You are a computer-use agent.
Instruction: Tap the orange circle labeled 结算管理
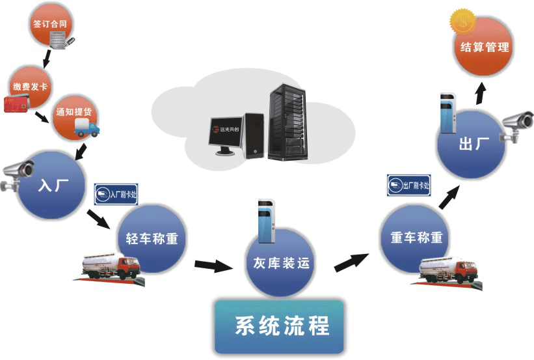coord(484,47)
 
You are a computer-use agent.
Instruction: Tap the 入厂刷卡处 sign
coord(118,193)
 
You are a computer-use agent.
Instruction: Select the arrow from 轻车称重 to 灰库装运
coord(213,266)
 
